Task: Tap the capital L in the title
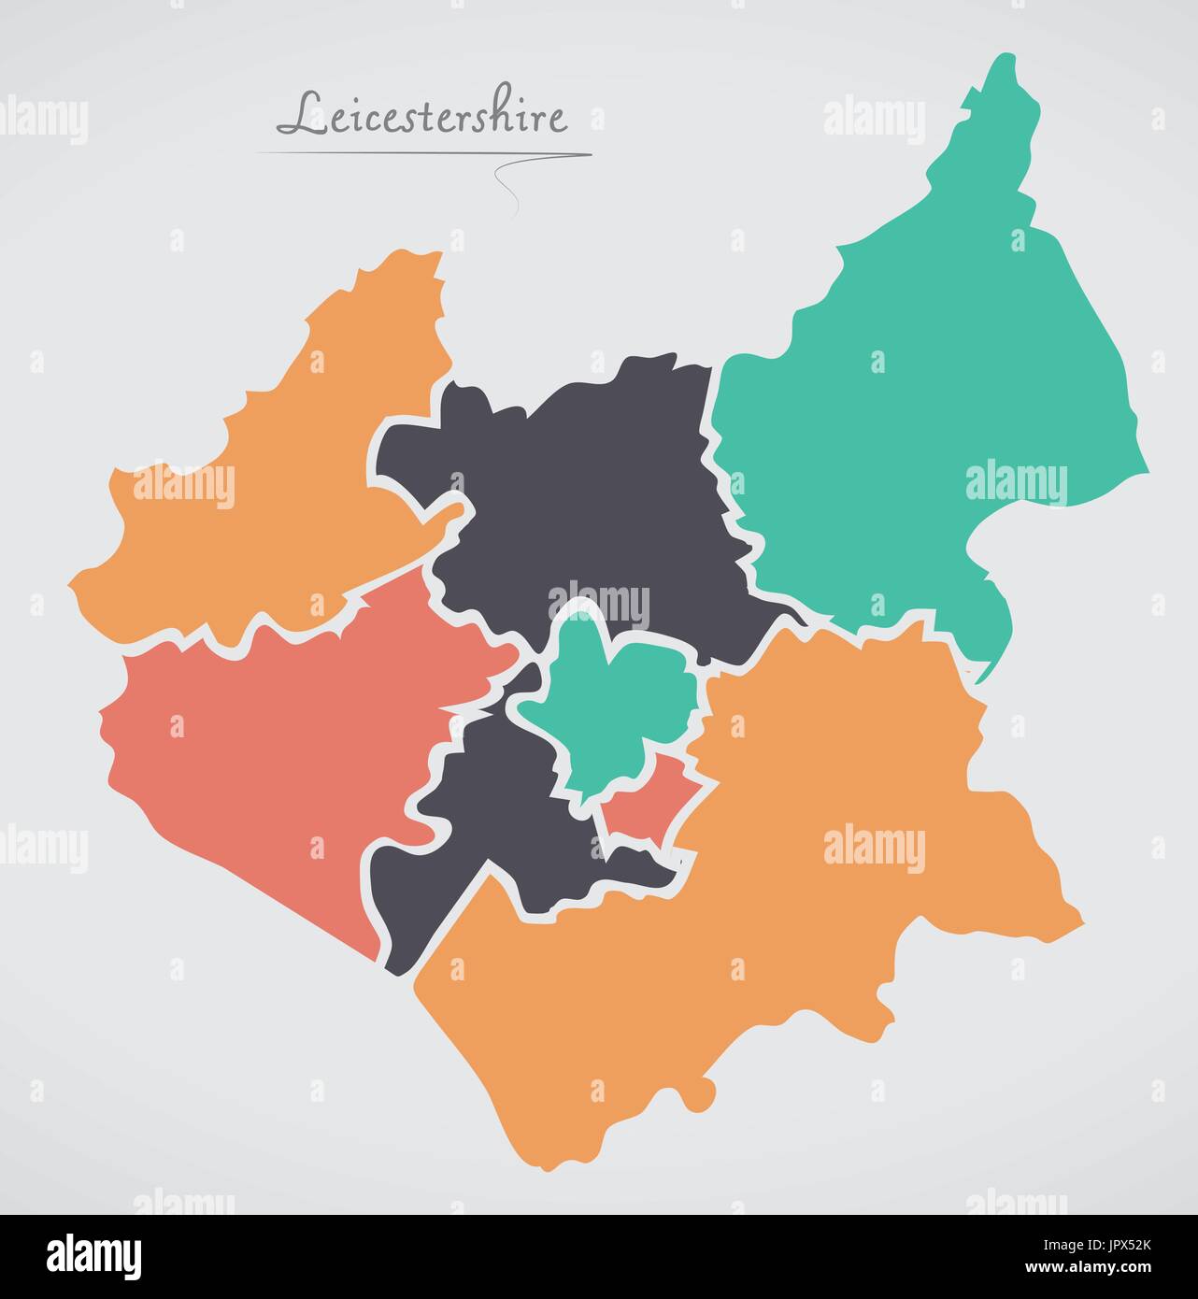(x=297, y=115)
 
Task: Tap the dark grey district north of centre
(x=579, y=486)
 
